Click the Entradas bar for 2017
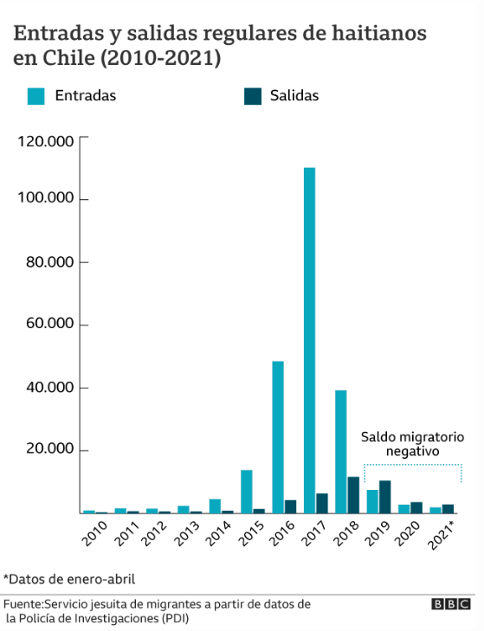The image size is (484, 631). tap(309, 340)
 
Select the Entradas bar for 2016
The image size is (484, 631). tap(278, 437)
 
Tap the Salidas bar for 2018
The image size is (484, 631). tap(353, 495)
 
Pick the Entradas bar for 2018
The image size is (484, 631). tap(340, 452)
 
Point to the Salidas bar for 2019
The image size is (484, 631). tap(385, 497)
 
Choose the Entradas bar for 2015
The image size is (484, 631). tap(247, 492)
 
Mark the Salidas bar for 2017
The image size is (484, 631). tap(322, 504)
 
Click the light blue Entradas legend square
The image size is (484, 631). tap(35, 96)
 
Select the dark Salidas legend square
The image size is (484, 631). tap(253, 96)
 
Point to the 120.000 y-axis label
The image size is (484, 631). tap(46, 142)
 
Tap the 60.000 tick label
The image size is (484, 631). tap(50, 323)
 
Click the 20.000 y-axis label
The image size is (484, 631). tap(50, 448)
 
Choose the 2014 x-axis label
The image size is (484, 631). tap(219, 533)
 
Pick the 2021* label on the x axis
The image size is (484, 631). tap(441, 535)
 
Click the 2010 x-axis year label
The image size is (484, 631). tap(94, 533)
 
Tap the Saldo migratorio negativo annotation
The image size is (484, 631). tap(412, 444)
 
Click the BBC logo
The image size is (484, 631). tap(451, 604)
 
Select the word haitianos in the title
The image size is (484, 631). tap(379, 33)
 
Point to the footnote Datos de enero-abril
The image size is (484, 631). tap(69, 579)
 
